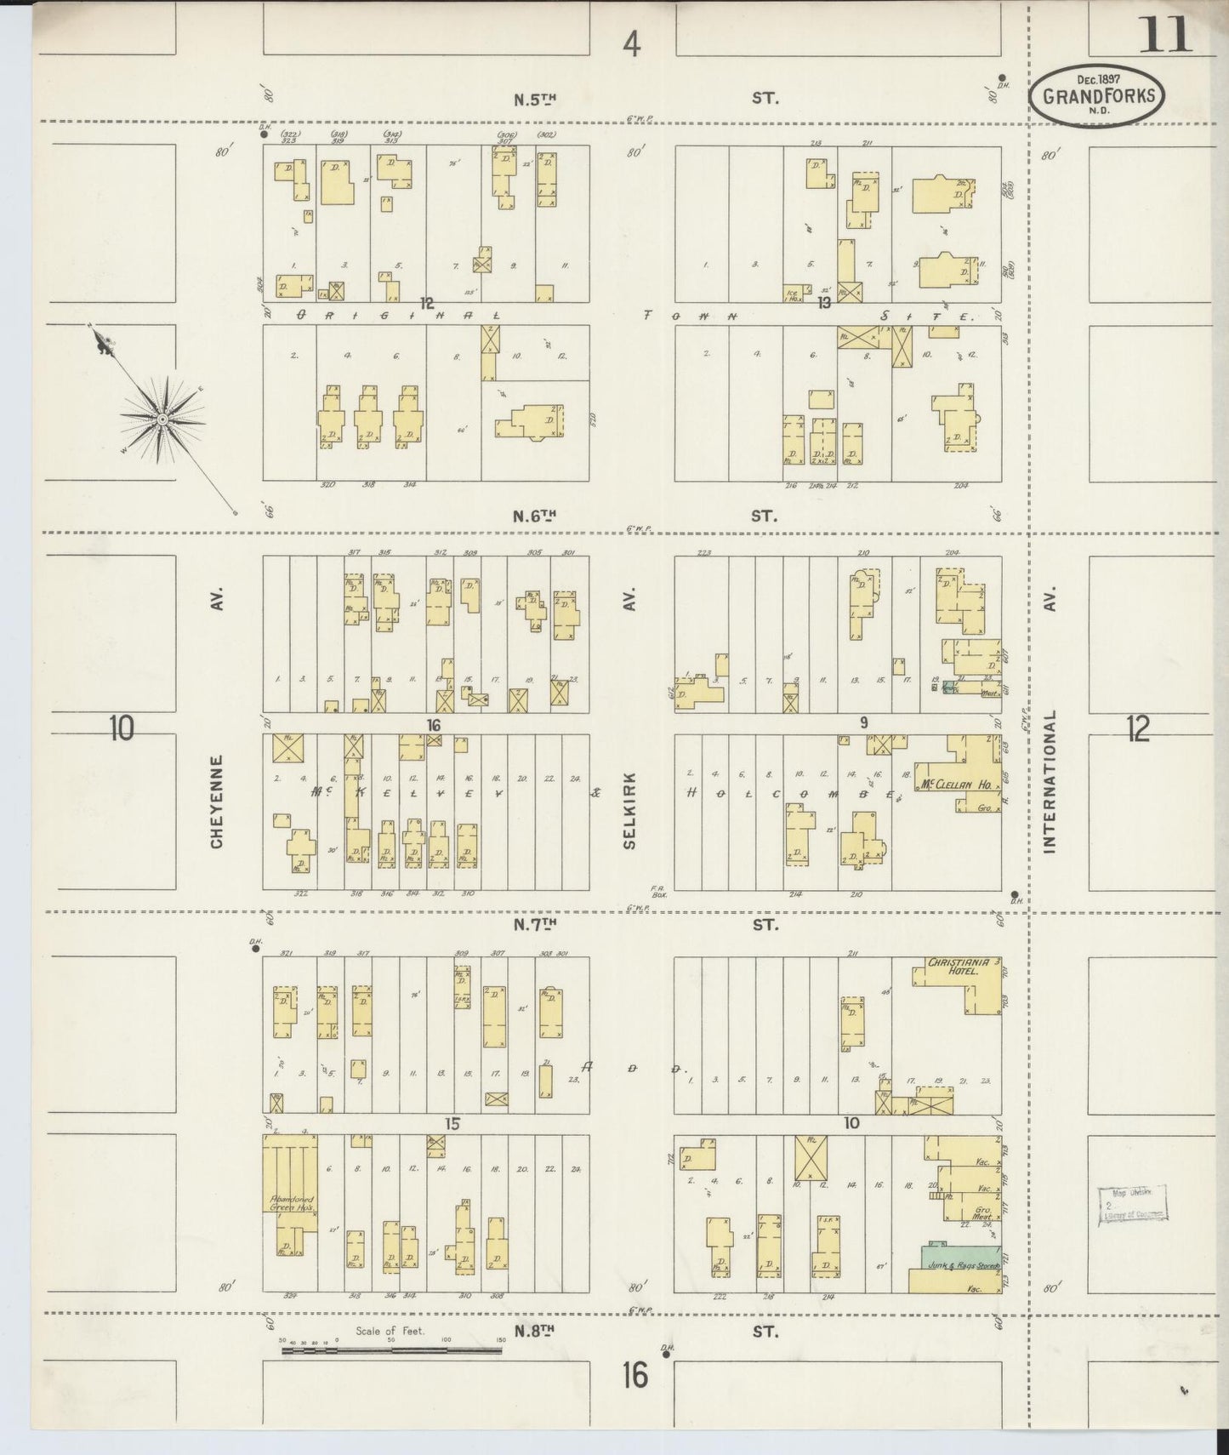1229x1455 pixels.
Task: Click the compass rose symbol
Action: (161, 419)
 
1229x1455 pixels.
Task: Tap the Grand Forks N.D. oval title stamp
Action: (1098, 96)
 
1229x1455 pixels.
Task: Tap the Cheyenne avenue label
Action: (217, 802)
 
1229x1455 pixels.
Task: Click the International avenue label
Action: (1049, 781)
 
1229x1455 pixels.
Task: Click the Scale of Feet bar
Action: (391, 1349)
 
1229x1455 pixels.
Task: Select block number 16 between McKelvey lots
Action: (434, 725)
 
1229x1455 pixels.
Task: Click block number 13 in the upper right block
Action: (823, 302)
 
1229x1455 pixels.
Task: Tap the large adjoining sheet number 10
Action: (122, 728)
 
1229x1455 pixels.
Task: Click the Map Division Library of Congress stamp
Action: (1131, 1204)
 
